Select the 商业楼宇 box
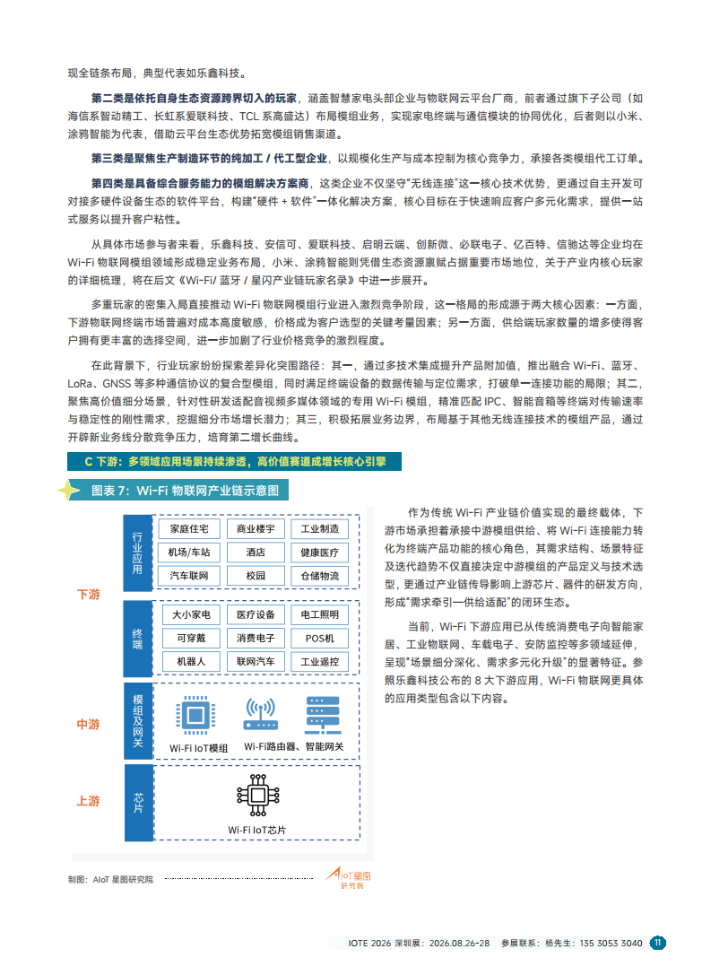click(x=256, y=529)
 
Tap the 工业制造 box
click(x=319, y=529)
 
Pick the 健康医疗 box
click(x=319, y=553)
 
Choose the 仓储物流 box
click(x=319, y=576)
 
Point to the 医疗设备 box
click(x=256, y=614)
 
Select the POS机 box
click(x=319, y=638)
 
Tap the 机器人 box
click(x=191, y=661)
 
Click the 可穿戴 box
click(x=191, y=638)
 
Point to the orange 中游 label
click(x=88, y=724)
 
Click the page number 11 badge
click(x=657, y=943)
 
